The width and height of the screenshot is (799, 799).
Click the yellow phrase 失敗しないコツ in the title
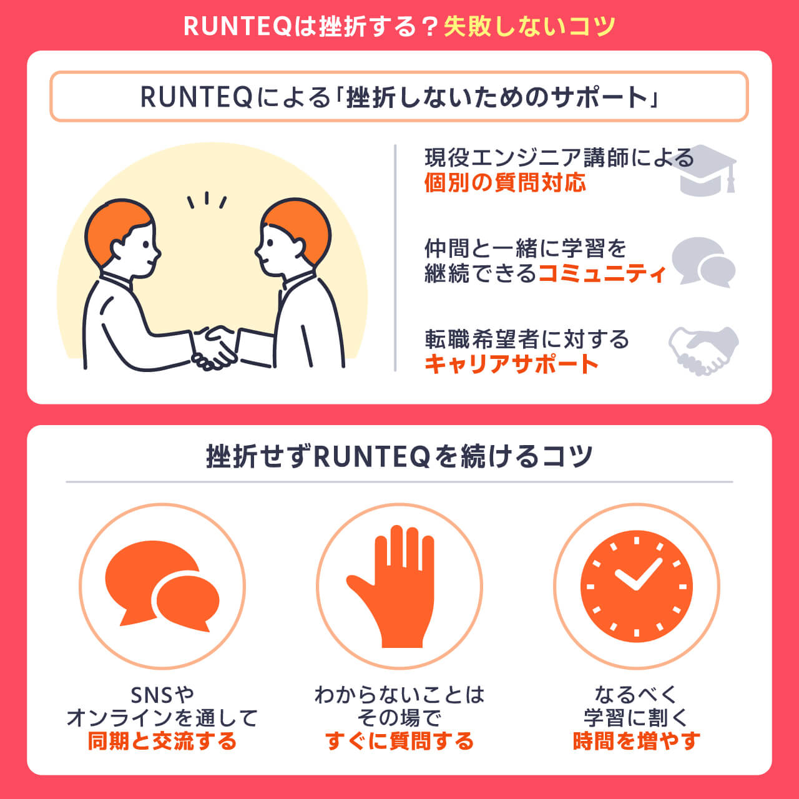529,26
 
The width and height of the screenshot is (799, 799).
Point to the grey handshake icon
703,350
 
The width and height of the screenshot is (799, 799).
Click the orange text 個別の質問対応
505,183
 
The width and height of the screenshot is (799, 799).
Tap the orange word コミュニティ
602,273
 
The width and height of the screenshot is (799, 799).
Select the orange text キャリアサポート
512,364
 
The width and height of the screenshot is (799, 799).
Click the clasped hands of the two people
213,347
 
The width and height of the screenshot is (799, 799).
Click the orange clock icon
636,587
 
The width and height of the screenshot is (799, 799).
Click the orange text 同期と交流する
162,741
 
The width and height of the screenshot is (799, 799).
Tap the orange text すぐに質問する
399,741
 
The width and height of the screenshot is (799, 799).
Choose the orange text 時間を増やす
636,741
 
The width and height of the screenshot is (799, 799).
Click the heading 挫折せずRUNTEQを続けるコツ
399,456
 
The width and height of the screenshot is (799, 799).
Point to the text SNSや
162,694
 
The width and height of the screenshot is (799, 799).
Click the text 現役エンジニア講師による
559,157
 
